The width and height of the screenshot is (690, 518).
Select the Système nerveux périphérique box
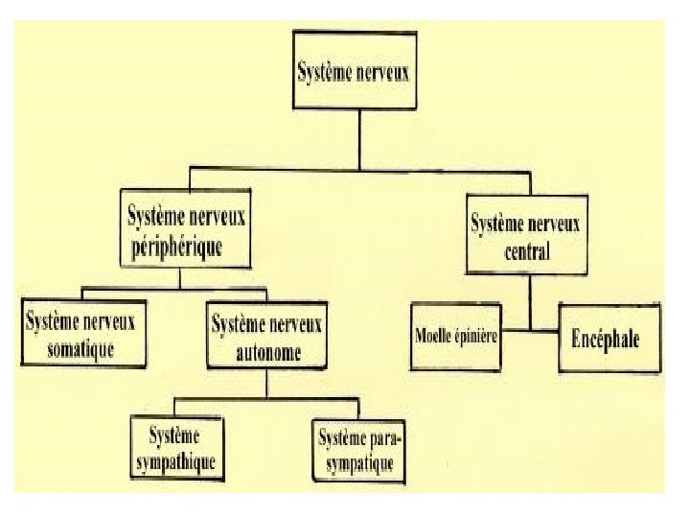point(186,229)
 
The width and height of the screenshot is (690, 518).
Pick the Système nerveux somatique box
point(82,333)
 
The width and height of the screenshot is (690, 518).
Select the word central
point(524,253)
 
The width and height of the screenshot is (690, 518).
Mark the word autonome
point(268,351)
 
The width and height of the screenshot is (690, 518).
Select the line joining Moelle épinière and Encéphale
point(530,332)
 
